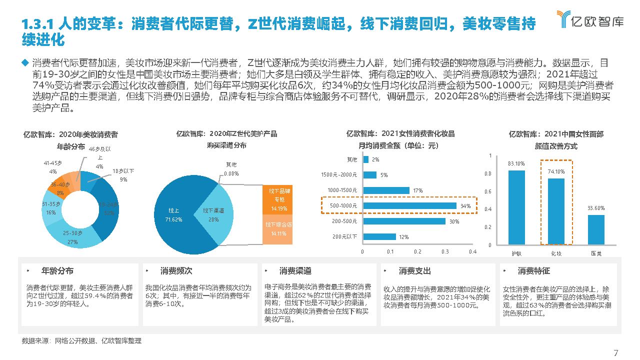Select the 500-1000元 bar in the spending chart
tap(409, 205)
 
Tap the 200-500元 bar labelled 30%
tap(404, 221)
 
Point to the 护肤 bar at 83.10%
tap(516, 207)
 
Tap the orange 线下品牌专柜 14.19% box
tap(278, 200)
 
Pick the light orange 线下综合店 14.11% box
tap(278, 229)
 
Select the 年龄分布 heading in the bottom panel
tap(57, 270)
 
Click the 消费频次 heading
tap(176, 270)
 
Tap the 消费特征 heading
tap(533, 270)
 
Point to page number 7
tap(615, 352)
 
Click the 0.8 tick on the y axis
tap(488, 173)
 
